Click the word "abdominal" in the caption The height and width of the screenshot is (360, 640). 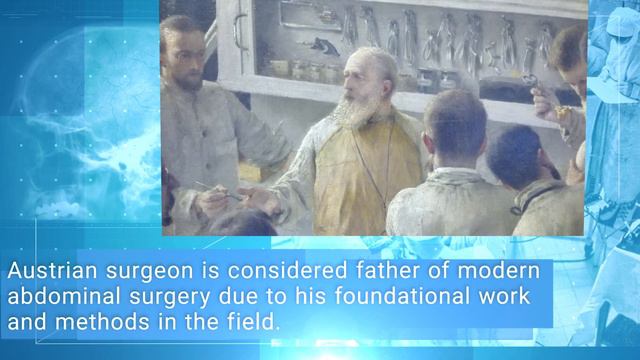pos(55,297)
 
